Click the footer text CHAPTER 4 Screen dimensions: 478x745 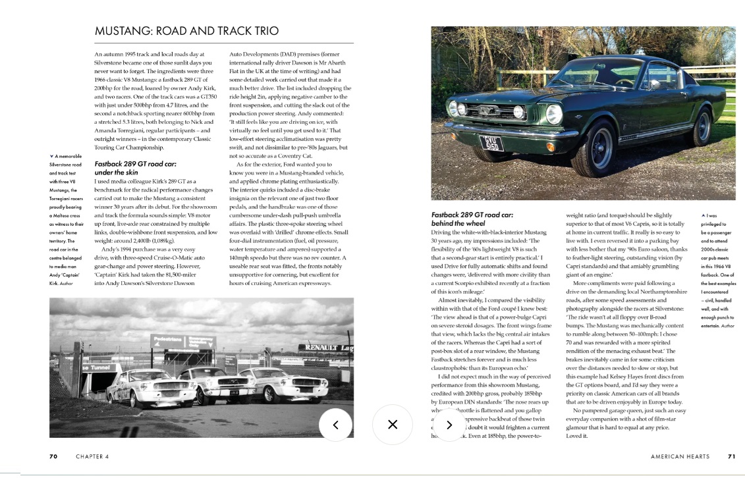coord(92,456)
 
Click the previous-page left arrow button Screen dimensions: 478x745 coord(335,425)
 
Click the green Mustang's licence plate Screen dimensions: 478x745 coord(491,143)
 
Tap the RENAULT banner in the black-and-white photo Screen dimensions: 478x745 coord(326,347)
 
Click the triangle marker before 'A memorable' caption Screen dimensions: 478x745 coord(51,156)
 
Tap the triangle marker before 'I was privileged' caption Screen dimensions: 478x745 coord(705,215)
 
